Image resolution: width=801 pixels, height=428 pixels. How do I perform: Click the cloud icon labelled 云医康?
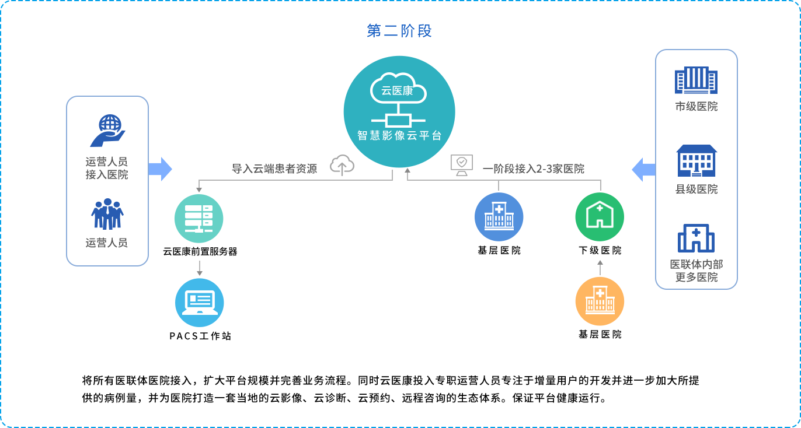[398, 89]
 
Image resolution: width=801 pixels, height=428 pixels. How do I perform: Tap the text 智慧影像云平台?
[399, 136]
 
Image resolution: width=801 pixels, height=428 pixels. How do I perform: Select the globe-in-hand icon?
[108, 130]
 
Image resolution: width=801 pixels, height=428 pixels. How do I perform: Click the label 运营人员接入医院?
[107, 168]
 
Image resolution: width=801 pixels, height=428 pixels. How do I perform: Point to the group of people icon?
[107, 214]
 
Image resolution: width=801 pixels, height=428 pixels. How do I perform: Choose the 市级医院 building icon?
[696, 80]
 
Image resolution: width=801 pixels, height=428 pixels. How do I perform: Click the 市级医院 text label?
[696, 107]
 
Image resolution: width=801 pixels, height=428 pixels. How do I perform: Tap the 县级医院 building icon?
[696, 160]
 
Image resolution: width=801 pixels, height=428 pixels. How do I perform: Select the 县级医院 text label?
[696, 190]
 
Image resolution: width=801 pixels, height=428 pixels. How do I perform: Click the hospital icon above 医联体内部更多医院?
[696, 238]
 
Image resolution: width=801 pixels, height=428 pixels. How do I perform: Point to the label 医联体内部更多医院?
[696, 271]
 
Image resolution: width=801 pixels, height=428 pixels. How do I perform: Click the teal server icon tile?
[198, 218]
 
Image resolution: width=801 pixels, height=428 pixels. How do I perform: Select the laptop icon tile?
[199, 302]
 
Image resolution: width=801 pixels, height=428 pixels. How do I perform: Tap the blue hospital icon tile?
[499, 217]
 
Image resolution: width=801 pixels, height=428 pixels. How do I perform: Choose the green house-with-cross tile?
[600, 217]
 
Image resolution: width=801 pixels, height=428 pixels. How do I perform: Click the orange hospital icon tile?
[600, 301]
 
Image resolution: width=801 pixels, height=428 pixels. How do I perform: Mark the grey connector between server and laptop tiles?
[199, 268]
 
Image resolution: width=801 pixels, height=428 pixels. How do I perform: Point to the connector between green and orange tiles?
[600, 267]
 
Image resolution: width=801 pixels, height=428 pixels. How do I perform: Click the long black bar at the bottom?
[390, 389]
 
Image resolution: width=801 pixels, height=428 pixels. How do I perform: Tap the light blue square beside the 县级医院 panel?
[642, 169]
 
